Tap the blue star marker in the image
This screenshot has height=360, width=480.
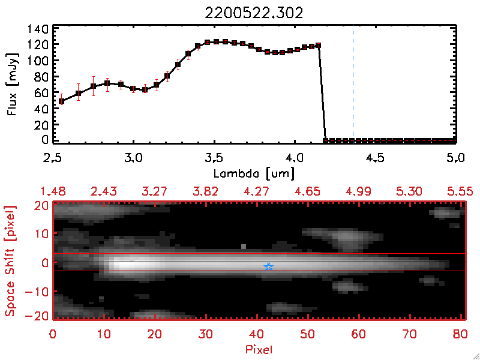point(268,266)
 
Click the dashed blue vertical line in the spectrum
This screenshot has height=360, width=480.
point(353,84)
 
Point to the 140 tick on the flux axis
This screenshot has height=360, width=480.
point(37,29)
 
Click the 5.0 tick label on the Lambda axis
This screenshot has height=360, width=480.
point(456,159)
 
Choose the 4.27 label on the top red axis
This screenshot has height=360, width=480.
point(256,191)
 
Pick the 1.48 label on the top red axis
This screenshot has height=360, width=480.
point(52,191)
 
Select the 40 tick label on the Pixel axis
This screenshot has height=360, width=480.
point(257,332)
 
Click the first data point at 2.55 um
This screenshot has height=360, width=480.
point(61,101)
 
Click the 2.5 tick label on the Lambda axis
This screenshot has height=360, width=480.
point(53,159)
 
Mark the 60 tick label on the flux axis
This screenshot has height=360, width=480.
point(40,93)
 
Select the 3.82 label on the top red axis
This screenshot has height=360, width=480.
point(205,191)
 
